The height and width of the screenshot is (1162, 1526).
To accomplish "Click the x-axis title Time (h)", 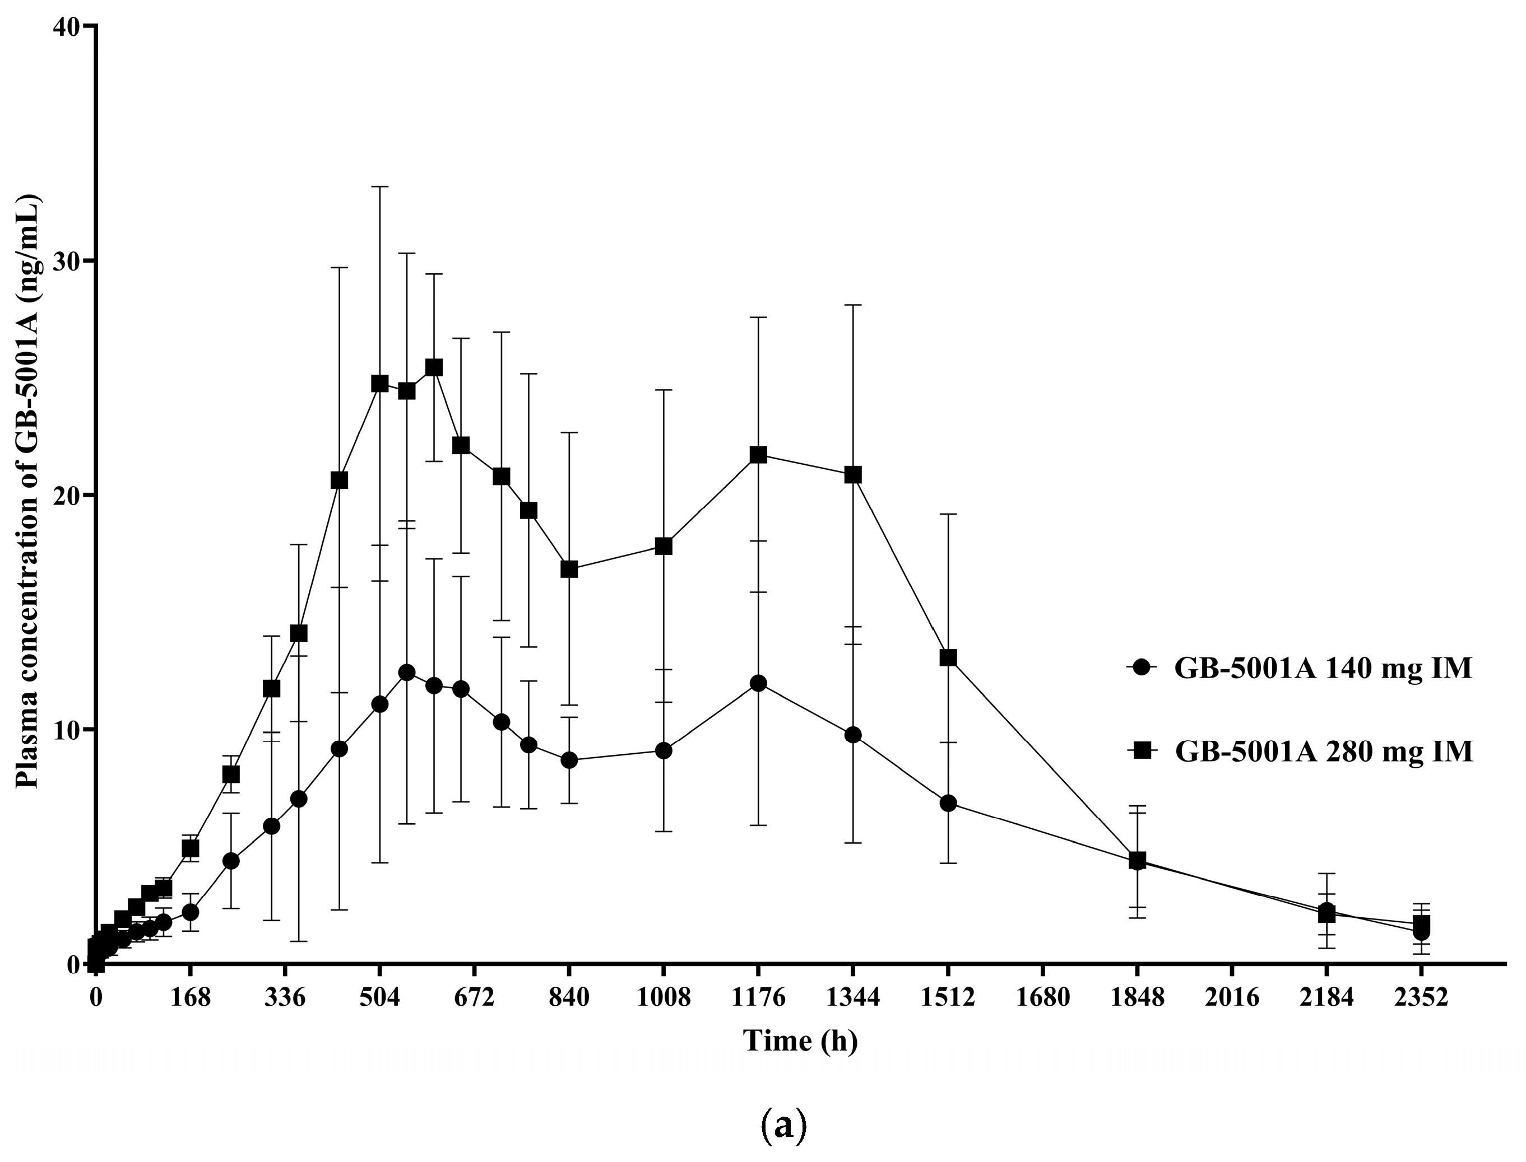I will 801,1040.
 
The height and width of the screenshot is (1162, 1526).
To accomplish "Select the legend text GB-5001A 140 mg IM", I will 1323,669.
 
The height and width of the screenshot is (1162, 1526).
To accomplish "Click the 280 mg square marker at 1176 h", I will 758,454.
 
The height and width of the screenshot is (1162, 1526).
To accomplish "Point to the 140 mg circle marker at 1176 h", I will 758,683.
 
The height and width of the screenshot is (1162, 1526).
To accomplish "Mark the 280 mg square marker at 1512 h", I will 948,658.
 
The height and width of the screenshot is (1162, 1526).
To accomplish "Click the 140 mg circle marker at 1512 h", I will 948,803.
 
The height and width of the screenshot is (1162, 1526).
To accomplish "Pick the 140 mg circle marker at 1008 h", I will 664,750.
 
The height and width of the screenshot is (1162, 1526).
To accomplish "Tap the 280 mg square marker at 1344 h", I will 854,474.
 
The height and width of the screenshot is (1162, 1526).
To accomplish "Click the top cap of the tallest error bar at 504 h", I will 380,186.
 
